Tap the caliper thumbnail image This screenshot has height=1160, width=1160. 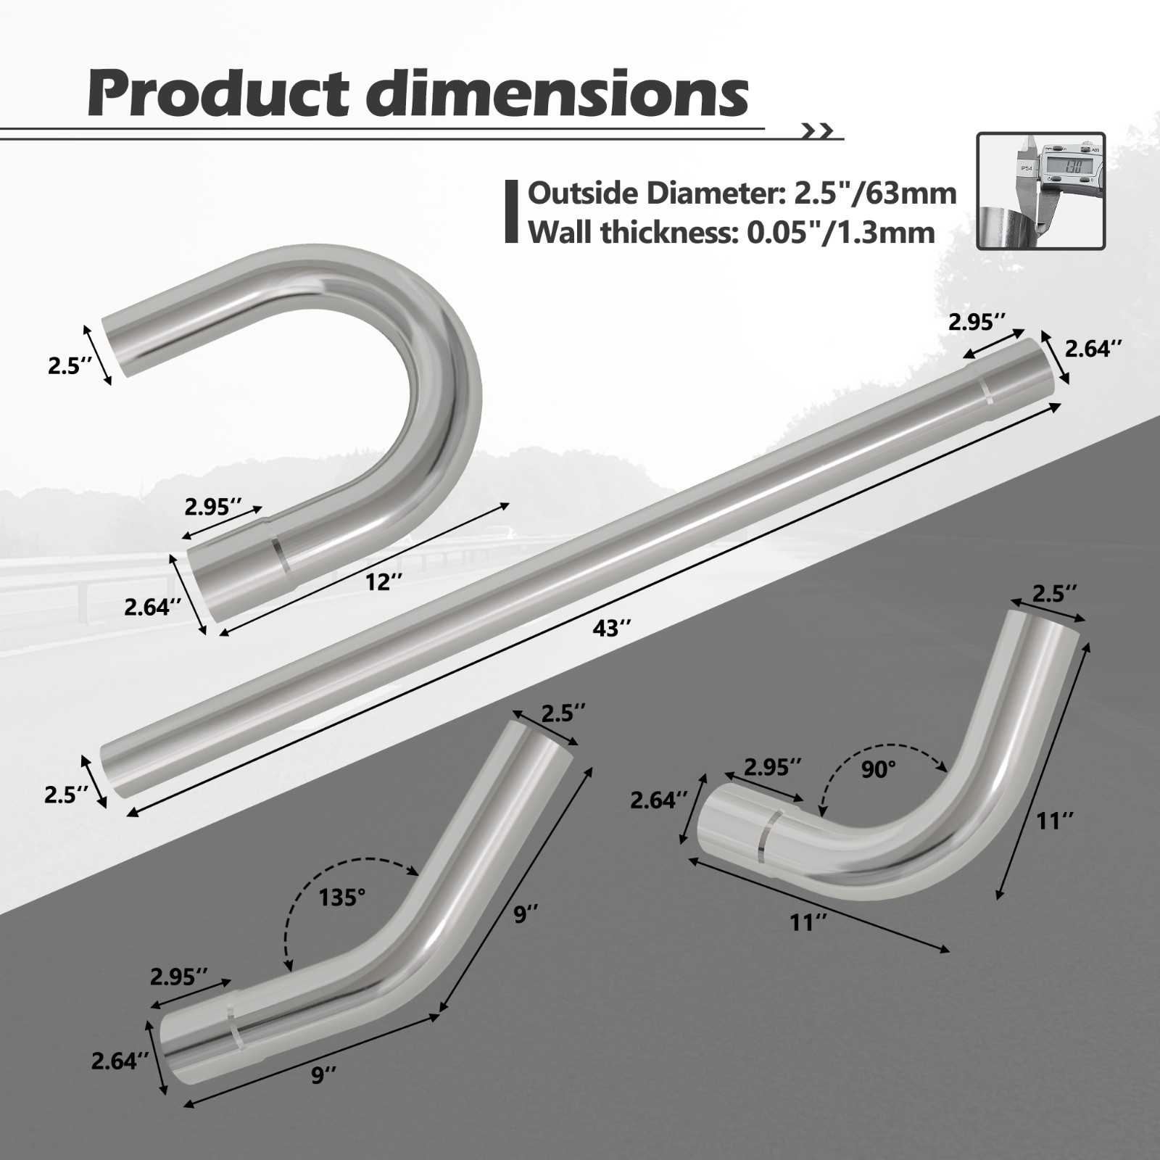pyautogui.click(x=1040, y=191)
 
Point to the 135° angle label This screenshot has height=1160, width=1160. pyautogui.click(x=342, y=898)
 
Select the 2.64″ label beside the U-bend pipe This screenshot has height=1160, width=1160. pyautogui.click(x=152, y=607)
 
